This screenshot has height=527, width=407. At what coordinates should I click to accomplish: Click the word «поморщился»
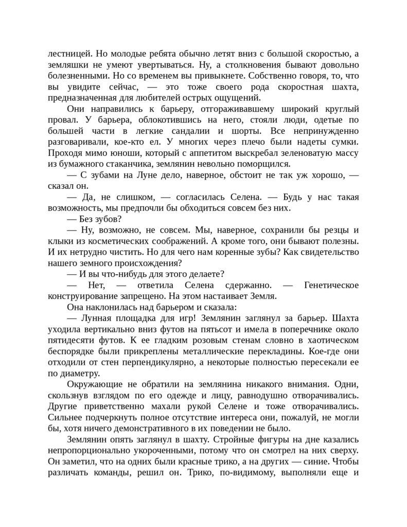266,164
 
